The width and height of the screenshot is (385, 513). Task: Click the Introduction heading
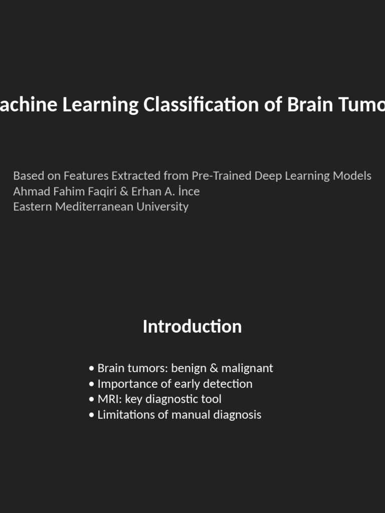(192, 327)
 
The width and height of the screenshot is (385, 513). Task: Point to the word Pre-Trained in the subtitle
(222, 176)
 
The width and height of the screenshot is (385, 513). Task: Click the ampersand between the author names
(124, 191)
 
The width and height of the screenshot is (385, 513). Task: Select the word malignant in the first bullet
(247, 368)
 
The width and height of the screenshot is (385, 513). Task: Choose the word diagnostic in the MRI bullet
(167, 399)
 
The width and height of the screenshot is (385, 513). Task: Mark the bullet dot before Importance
(91, 384)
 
